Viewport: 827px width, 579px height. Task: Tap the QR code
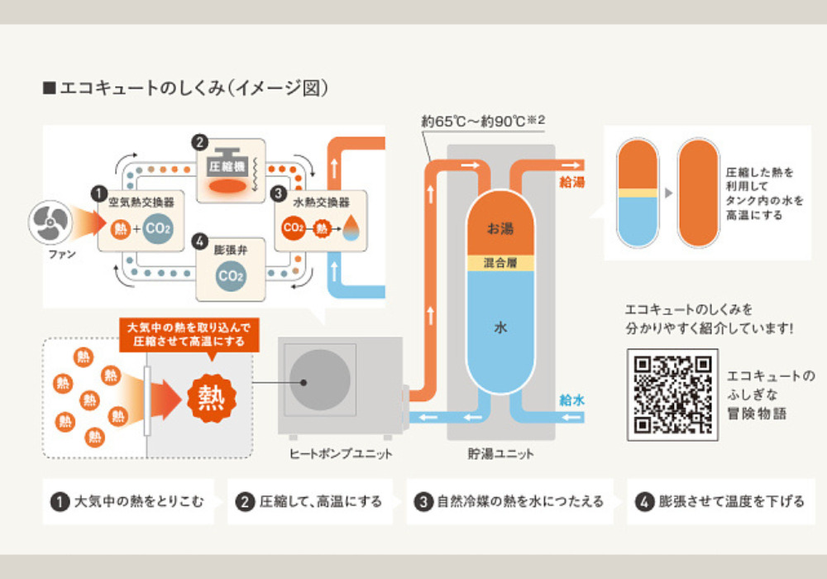[671, 394]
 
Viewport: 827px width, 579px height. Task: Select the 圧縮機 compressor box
[231, 170]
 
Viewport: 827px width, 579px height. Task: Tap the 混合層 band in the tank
[500, 262]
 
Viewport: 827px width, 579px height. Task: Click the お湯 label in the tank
[500, 227]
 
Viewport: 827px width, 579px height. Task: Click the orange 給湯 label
[571, 182]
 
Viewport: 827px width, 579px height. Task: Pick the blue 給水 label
[571, 400]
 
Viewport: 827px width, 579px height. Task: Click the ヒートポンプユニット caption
[341, 453]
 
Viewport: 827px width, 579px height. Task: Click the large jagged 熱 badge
[212, 398]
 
